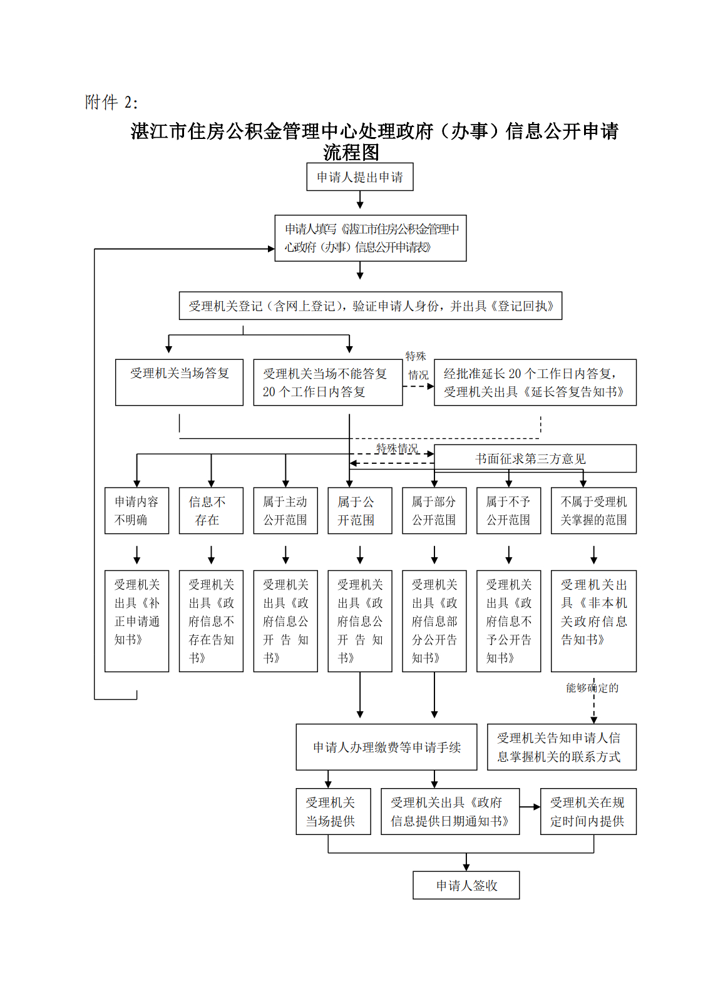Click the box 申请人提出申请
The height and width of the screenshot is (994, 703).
click(x=359, y=177)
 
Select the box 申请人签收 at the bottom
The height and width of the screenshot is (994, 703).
click(x=466, y=885)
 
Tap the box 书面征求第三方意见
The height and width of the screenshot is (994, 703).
click(x=535, y=459)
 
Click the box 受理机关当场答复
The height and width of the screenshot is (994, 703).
click(x=179, y=382)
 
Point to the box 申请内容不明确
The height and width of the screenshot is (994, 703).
click(x=136, y=511)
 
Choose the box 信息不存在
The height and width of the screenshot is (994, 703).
click(x=211, y=511)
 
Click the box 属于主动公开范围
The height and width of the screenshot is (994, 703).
click(x=285, y=511)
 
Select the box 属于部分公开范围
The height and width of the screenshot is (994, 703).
click(x=434, y=511)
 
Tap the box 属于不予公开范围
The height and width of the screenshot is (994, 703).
click(x=508, y=511)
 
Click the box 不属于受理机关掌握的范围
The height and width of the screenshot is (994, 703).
click(x=593, y=511)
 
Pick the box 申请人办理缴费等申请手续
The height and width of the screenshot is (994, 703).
click(x=386, y=747)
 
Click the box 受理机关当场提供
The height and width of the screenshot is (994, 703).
click(x=333, y=811)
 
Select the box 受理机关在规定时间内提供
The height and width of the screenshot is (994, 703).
click(x=588, y=811)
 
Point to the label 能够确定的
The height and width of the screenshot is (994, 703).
click(x=592, y=688)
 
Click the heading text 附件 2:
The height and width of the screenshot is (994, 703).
click(x=111, y=102)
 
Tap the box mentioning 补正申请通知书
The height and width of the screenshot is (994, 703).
click(x=136, y=620)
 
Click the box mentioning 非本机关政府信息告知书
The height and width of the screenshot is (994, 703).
click(x=593, y=620)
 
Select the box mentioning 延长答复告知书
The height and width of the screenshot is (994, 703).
click(x=535, y=382)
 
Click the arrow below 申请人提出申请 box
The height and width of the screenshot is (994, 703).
click(x=360, y=200)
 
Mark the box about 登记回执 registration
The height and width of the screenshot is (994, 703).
click(x=370, y=306)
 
